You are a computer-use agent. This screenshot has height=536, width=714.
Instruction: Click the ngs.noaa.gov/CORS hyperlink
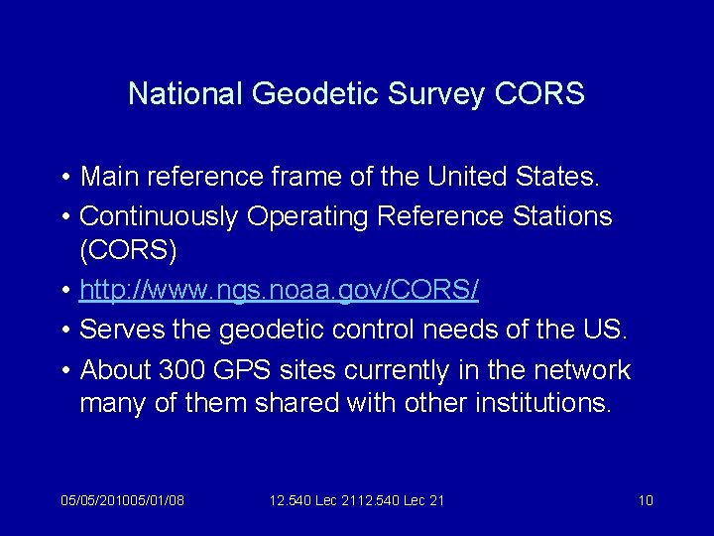click(279, 290)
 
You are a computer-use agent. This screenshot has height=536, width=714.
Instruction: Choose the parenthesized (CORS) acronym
click(128, 252)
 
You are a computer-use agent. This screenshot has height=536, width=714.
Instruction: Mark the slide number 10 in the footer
click(646, 500)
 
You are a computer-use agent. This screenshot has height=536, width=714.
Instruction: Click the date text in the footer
click(122, 500)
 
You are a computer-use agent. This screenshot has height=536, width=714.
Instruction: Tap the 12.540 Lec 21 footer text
click(357, 500)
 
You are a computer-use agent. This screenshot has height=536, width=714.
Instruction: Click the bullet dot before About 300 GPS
click(64, 370)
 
